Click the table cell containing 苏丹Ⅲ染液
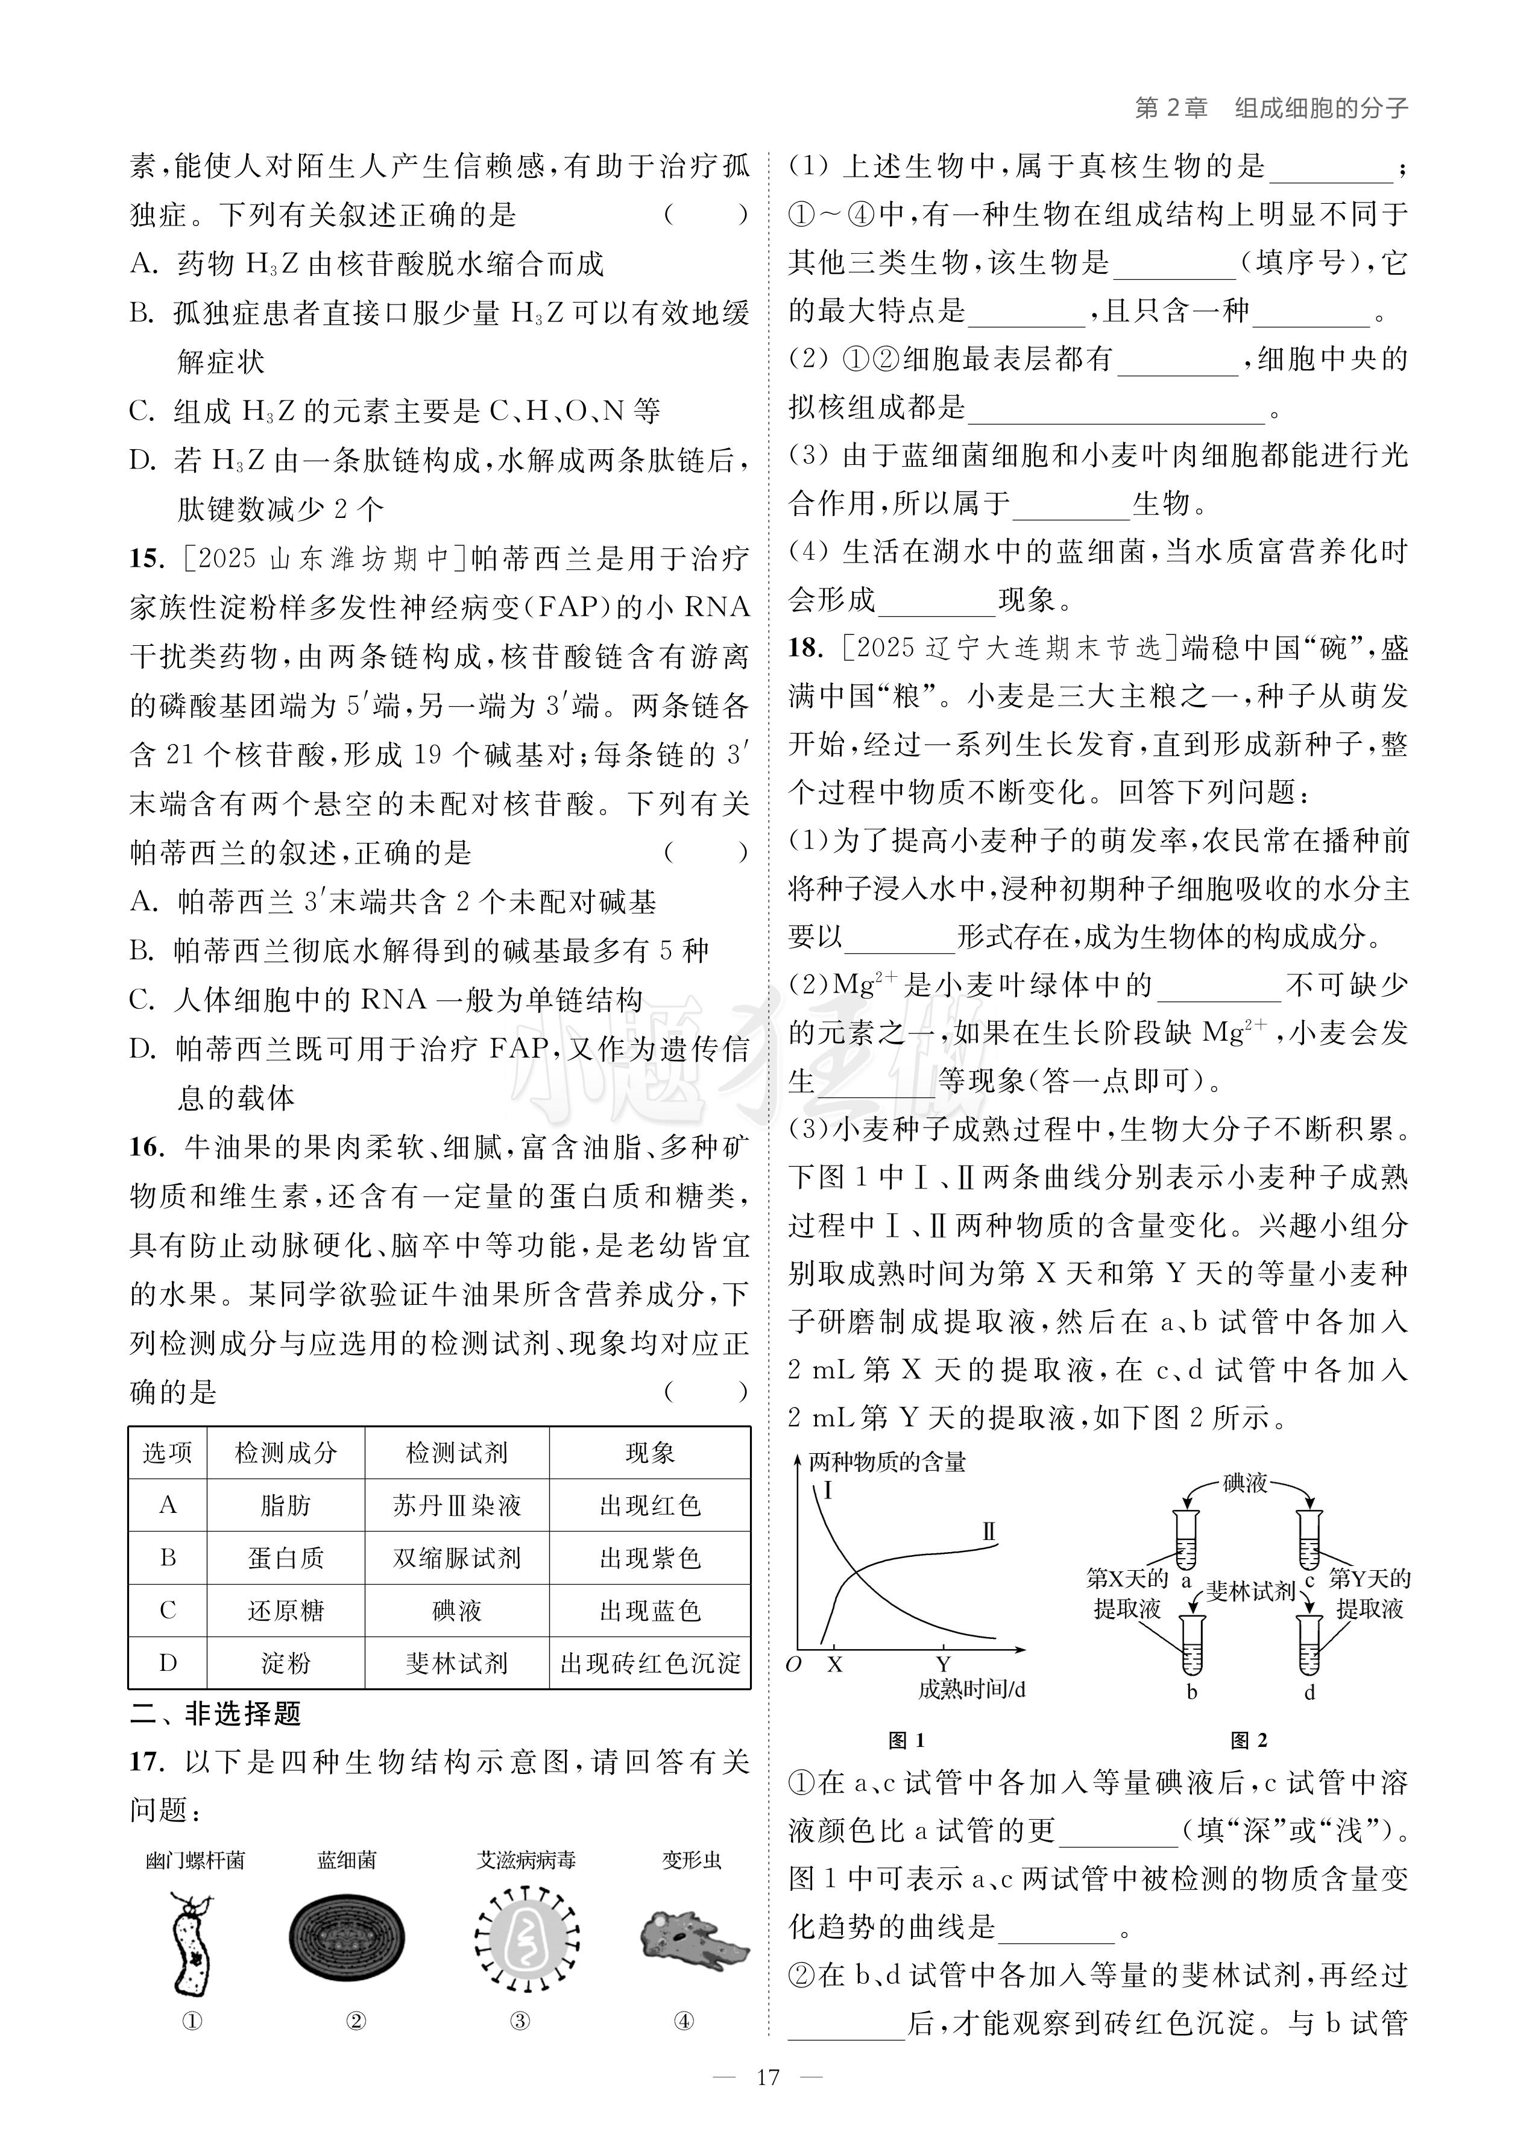coord(456,1505)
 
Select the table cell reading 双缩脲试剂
coord(456,1558)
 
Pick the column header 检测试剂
coord(456,1453)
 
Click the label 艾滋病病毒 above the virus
coord(525,1860)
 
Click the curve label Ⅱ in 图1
coord(989,1531)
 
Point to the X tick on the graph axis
coord(834,1665)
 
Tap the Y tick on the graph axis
coord(943,1665)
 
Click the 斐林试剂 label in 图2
coord(1250,1591)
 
